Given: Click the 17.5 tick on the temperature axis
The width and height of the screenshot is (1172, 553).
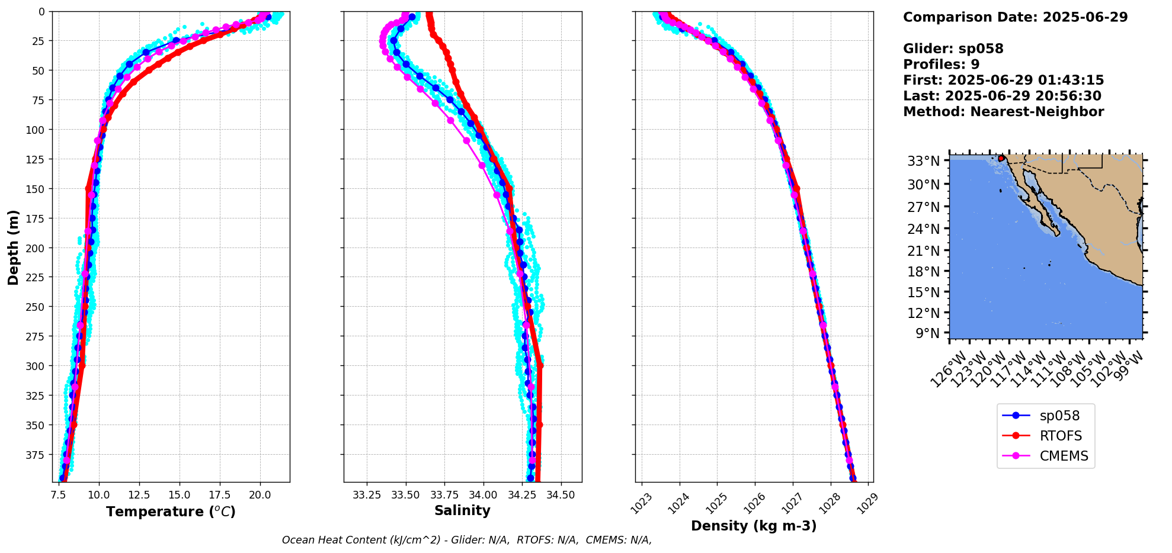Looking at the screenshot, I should [x=220, y=494].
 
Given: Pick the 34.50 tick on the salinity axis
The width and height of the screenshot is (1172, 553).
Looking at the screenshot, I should [x=561, y=494].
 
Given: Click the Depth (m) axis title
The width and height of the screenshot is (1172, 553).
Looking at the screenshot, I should [x=14, y=247].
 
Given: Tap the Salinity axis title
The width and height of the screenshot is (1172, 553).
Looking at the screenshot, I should [x=462, y=510].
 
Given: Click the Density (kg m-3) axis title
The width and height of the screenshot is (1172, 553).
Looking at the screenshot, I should [x=754, y=526].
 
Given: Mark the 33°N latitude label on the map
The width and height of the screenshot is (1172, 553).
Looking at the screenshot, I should [x=924, y=161].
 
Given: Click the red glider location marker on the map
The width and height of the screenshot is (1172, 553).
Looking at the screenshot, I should [x=1001, y=158].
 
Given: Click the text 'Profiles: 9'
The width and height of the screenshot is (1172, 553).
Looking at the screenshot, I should [x=941, y=65].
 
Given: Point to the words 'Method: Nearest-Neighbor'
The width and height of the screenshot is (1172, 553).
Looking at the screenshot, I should [x=1003, y=112].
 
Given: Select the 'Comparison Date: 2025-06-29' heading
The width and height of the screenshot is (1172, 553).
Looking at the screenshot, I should [x=1015, y=17].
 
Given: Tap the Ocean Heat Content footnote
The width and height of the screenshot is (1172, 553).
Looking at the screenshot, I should [x=466, y=540].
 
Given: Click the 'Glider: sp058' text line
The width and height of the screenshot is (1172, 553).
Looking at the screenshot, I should [x=953, y=49].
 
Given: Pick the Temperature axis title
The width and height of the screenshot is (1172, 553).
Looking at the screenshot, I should [x=171, y=512].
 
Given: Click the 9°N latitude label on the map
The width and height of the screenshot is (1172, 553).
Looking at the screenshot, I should [x=928, y=333].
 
